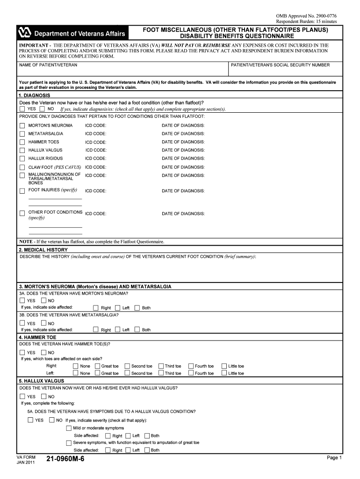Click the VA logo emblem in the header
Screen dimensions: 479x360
click(x=24, y=33)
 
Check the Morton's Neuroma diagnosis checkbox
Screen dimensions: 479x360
click(x=22, y=125)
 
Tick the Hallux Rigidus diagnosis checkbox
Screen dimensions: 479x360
click(x=22, y=159)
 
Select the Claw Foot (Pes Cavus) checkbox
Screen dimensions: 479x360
click(x=22, y=167)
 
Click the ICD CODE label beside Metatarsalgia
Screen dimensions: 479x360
click(x=95, y=134)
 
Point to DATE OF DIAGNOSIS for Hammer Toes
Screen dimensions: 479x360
click(x=183, y=142)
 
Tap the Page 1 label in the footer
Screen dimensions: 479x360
click(x=334, y=457)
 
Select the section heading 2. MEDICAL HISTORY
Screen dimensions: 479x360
click(x=43, y=250)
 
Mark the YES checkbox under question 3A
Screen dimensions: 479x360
click(x=22, y=300)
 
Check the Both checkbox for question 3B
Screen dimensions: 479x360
click(x=137, y=329)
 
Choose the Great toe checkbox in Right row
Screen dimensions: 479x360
click(x=97, y=366)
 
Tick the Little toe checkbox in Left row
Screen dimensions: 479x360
click(x=224, y=373)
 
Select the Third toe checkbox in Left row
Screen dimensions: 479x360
click(x=161, y=373)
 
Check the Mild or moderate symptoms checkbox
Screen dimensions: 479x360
click(x=69, y=428)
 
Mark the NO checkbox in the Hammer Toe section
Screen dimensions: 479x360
click(x=43, y=352)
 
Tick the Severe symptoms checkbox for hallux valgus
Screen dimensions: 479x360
click(x=69, y=443)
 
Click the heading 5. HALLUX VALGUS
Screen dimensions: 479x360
click(x=41, y=381)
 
